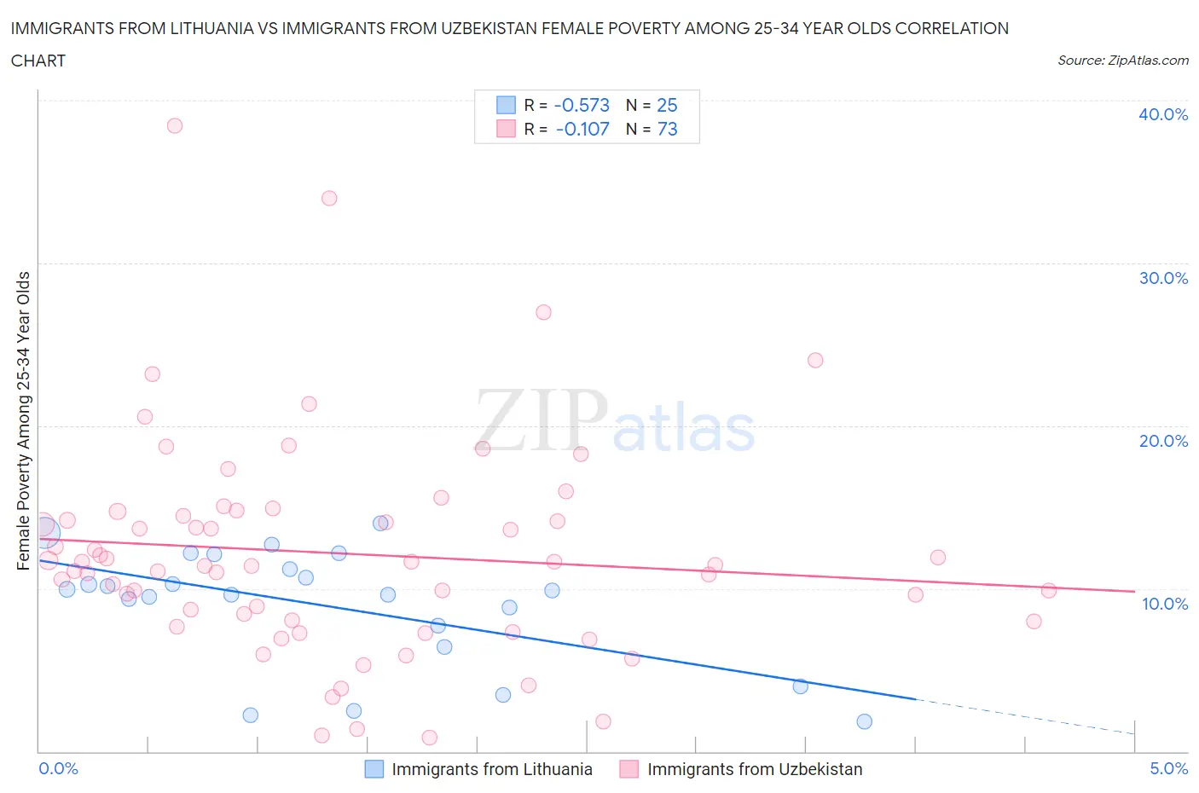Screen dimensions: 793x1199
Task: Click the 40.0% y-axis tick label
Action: [x=1162, y=114]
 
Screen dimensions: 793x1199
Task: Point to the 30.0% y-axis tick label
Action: [x=1162, y=278]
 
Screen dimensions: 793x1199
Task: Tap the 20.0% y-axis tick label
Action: [x=1162, y=441]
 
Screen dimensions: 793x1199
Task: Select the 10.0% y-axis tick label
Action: [x=1164, y=604]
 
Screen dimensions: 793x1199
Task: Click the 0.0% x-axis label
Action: [x=58, y=768]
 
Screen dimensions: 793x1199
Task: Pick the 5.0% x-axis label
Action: [x=1168, y=768]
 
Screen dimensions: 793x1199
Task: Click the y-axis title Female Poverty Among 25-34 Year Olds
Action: [x=23, y=420]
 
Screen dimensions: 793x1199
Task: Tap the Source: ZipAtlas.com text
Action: [x=1122, y=61]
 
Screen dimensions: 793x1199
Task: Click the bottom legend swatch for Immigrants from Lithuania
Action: [x=374, y=769]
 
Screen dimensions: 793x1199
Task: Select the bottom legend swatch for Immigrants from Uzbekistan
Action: [x=629, y=769]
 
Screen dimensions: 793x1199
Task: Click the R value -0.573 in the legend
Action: [x=582, y=105]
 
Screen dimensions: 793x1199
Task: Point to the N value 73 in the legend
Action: [x=667, y=129]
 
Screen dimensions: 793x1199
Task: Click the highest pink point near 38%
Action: [x=175, y=125]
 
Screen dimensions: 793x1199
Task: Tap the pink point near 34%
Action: [x=329, y=198]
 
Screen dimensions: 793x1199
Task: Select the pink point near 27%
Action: [x=543, y=312]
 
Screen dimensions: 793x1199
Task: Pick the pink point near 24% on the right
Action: [x=815, y=360]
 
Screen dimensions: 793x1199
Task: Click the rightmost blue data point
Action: [x=864, y=721]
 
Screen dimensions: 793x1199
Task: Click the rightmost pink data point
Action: [x=1049, y=590]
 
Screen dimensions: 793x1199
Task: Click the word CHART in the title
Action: [x=38, y=61]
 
